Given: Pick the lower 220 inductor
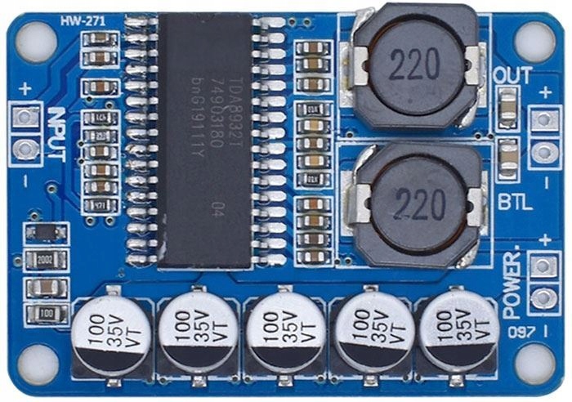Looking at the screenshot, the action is point(418,205).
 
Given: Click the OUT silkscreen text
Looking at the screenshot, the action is point(513,76).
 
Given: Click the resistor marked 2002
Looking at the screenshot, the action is point(46,260).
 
